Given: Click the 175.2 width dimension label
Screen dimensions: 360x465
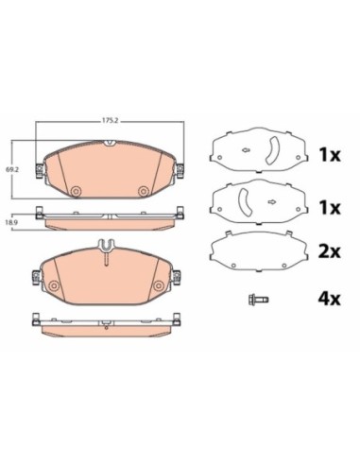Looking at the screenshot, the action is click(x=110, y=120).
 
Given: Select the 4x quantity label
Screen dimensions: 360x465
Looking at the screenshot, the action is click(x=329, y=299).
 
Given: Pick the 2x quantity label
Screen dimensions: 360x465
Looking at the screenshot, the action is click(x=329, y=251).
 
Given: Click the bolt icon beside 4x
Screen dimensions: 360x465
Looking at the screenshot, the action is click(x=258, y=299).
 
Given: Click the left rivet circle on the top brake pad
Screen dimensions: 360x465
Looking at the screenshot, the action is click(x=76, y=190).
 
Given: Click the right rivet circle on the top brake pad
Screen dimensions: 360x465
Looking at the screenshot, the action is click(x=144, y=190).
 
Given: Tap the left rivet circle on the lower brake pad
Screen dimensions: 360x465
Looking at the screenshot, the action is click(x=54, y=285).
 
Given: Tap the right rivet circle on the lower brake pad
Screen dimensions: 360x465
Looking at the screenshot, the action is click(x=159, y=285).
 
